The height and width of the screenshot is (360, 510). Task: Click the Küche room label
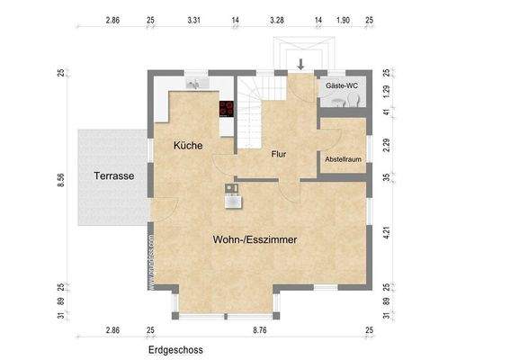coord(188,145)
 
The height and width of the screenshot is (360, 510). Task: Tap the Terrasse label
coord(113,176)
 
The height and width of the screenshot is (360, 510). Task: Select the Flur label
coord(279,154)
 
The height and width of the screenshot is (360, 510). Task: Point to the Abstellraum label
coord(343,158)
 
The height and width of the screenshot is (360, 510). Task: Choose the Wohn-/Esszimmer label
coord(255,240)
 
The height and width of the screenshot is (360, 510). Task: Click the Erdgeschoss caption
coord(176,349)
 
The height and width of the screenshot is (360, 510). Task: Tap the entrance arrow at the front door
coord(300,64)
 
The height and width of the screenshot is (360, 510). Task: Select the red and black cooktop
coord(226,111)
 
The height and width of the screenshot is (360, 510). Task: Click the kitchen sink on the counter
coord(195,84)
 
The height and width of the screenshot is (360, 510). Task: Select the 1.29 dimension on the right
coord(386,92)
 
